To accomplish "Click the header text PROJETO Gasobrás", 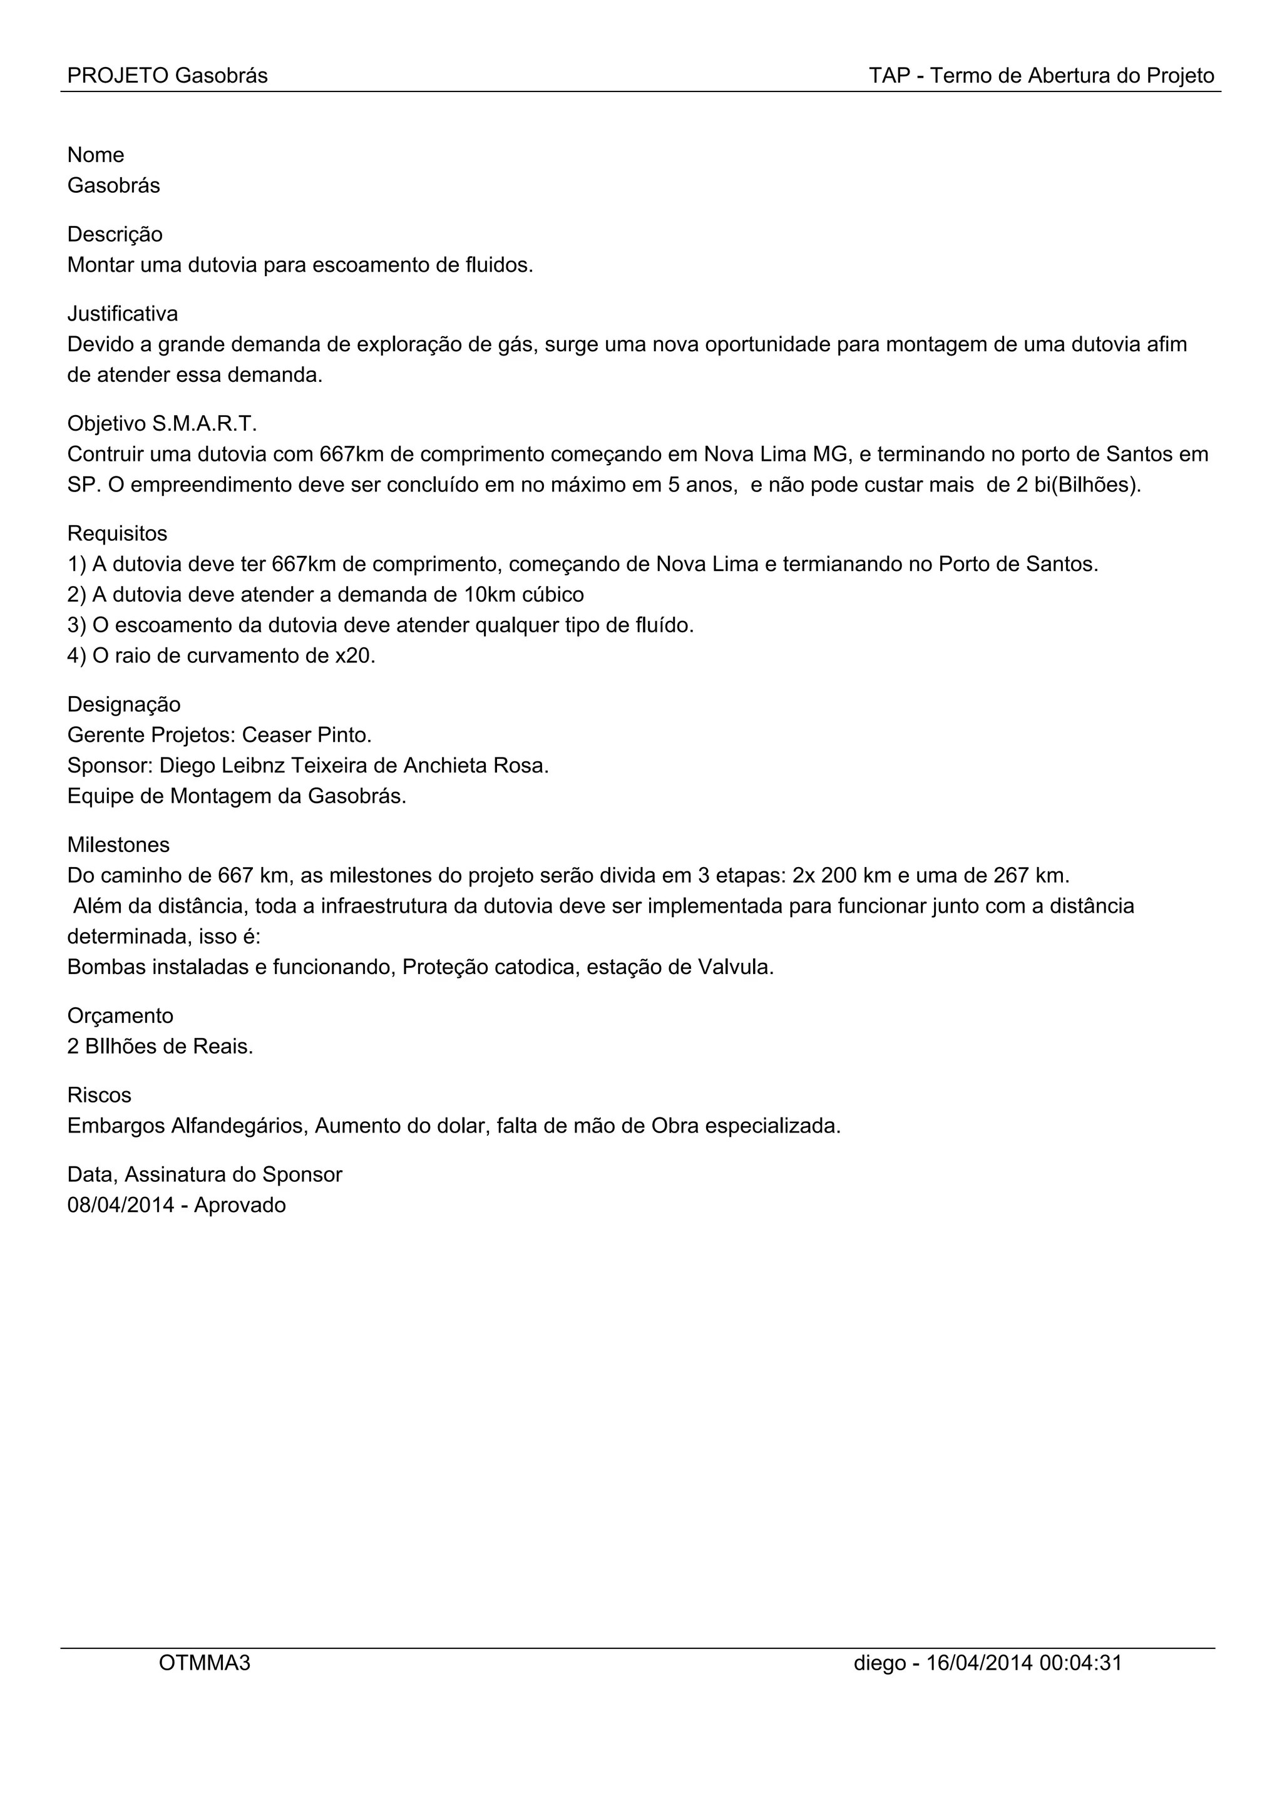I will (x=167, y=76).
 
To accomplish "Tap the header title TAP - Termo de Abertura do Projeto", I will (x=1041, y=76).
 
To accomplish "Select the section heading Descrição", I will (x=115, y=235).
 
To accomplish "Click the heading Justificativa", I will (x=122, y=314).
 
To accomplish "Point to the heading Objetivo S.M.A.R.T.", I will (x=162, y=424).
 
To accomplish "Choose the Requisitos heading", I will (x=117, y=534).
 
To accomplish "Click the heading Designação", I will (x=124, y=704).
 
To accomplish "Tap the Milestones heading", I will (x=118, y=845).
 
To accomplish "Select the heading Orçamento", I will (x=120, y=1015).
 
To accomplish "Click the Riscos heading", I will (x=100, y=1095).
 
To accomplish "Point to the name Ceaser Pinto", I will (x=306, y=735).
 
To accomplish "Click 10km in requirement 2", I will (x=489, y=595).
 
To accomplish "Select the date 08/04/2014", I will (x=121, y=1205).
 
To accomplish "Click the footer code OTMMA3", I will (x=205, y=1663).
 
